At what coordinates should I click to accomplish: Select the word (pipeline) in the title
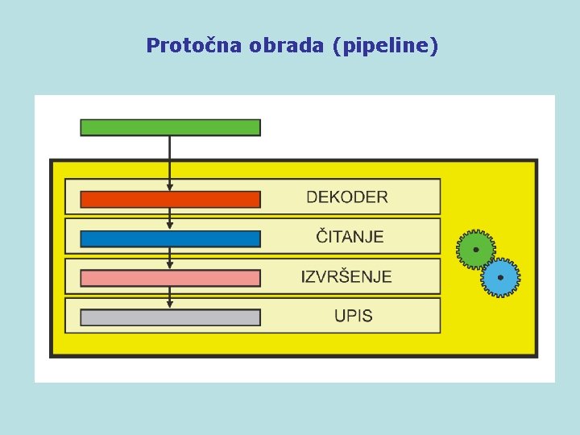click(x=385, y=47)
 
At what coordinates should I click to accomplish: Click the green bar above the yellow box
click(x=170, y=127)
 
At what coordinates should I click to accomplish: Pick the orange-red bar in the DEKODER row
click(x=170, y=200)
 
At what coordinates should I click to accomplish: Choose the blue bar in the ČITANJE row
click(x=170, y=238)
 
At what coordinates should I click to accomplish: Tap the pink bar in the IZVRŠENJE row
click(x=170, y=278)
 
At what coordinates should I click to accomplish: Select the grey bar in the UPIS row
click(x=170, y=317)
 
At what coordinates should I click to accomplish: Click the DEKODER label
click(x=346, y=197)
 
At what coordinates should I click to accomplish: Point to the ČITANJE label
click(x=350, y=236)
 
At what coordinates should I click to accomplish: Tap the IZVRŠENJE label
click(x=346, y=276)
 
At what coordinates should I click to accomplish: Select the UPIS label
click(x=354, y=316)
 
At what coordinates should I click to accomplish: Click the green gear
click(x=475, y=250)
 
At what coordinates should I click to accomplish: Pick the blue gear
click(x=500, y=278)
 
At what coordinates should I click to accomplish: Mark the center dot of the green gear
click(x=475, y=250)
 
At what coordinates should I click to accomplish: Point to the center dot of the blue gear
click(x=500, y=278)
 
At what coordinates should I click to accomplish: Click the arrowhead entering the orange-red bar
click(x=170, y=188)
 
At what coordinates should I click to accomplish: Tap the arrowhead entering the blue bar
click(x=170, y=226)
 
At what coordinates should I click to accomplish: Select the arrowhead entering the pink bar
click(x=170, y=266)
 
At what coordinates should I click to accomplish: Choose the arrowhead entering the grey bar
click(x=170, y=304)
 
